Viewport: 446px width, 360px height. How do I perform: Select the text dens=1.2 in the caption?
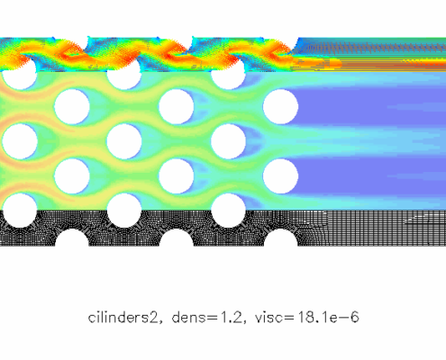[207, 318]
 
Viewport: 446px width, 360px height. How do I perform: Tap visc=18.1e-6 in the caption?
[306, 318]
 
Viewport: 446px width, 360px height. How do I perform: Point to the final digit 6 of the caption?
[355, 318]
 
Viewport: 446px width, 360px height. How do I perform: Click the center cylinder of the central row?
[124, 141]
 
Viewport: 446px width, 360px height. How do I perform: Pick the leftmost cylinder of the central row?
[20, 141]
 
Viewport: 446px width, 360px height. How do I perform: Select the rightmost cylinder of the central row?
[228, 141]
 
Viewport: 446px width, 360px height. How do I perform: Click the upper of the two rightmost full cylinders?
[280, 107]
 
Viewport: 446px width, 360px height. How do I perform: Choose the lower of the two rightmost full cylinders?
[280, 176]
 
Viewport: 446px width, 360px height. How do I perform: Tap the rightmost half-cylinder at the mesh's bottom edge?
[281, 238]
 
